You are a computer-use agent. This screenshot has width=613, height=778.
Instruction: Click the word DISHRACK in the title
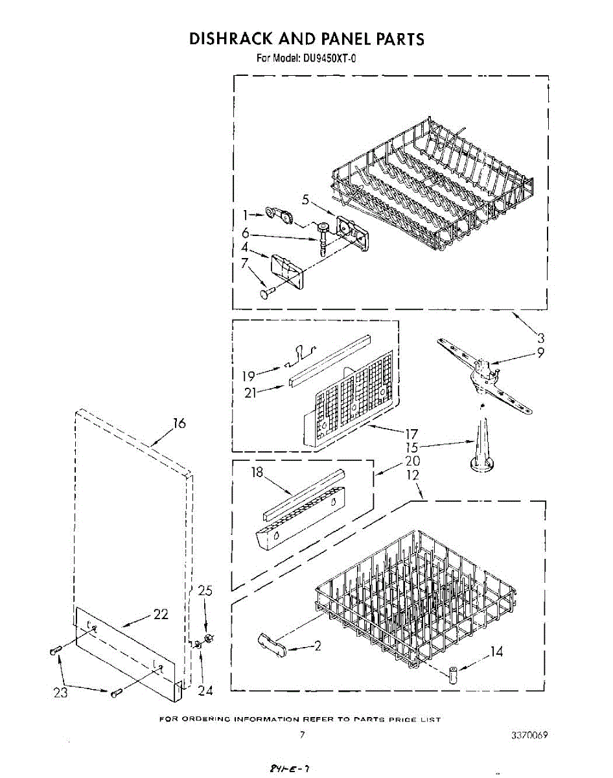point(233,39)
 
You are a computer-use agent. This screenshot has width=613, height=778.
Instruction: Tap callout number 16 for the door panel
point(179,423)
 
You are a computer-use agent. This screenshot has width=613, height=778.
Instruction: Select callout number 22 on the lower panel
point(161,614)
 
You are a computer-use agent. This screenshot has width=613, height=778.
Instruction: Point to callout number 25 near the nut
point(205,591)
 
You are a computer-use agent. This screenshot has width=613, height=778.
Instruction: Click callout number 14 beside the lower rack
point(496,652)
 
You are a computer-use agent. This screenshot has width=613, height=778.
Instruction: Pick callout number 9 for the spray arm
point(540,353)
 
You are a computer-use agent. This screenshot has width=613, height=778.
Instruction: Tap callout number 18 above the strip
point(257,473)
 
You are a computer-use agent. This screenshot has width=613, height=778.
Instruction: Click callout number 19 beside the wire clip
point(248,375)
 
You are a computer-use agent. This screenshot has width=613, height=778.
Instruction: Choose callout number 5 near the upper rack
point(305,200)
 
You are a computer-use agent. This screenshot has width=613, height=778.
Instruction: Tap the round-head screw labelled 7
point(266,294)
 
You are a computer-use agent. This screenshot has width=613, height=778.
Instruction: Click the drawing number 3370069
point(529,735)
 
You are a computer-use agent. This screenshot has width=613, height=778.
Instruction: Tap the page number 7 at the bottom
point(302,735)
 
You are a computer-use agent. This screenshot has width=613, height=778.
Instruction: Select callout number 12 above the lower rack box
point(412,475)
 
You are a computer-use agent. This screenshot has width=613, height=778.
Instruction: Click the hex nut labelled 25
point(209,639)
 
